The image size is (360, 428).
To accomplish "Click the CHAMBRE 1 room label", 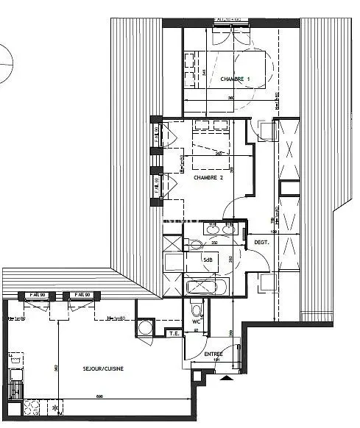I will pyautogui.click(x=235, y=79).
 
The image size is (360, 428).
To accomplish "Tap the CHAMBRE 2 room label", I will pyautogui.click(x=208, y=178).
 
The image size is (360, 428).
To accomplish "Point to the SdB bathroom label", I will pyautogui.click(x=208, y=259).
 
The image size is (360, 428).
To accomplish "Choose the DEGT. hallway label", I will pyautogui.click(x=261, y=242).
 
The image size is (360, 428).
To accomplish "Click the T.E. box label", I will pyautogui.click(x=174, y=333).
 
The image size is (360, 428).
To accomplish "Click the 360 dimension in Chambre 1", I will pyautogui.click(x=230, y=98).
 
